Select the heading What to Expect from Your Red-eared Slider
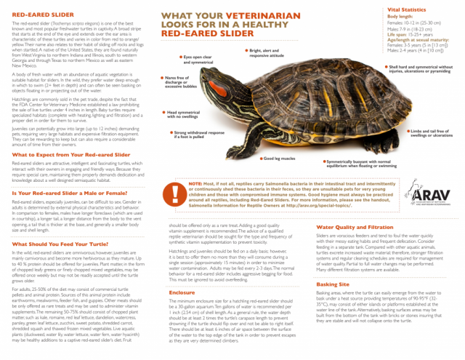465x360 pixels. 63,155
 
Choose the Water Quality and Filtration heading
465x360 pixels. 351,207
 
